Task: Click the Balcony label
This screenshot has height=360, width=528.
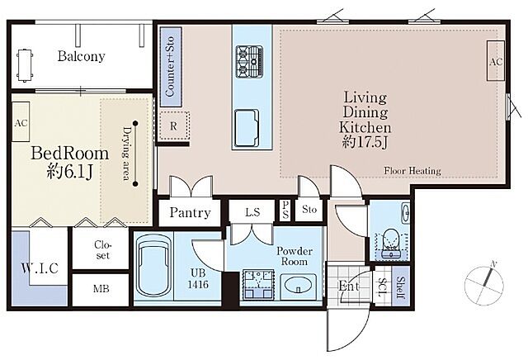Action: pos(81,56)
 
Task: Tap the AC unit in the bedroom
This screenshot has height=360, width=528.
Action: pos(21,121)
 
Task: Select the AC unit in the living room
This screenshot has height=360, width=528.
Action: pos(495,61)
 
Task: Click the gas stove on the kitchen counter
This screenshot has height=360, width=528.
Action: pos(249,62)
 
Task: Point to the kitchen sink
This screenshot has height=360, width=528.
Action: pos(247,128)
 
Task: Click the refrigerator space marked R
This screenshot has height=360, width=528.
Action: pos(174,126)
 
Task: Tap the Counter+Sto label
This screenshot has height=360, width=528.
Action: pos(170,66)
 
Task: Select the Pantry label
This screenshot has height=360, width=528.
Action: pos(190,213)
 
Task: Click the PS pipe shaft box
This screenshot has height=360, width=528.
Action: pos(285,210)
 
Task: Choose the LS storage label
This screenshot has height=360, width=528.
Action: pos(252,212)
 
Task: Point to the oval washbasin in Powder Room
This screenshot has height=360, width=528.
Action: pos(298,286)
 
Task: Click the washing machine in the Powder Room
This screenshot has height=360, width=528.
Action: pos(258,284)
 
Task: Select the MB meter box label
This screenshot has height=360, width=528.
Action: pos(101,289)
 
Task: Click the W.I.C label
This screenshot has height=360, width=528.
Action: pos(40,268)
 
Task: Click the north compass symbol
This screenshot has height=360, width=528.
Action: pos(484,282)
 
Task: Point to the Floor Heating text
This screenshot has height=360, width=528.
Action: pos(412,171)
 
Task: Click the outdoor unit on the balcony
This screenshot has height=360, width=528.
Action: pos(25,66)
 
